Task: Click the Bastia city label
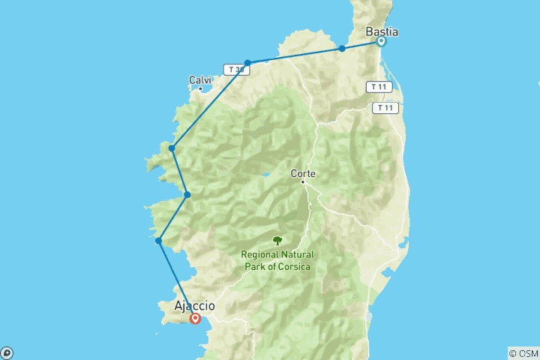pos(381,31)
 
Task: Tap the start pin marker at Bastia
pos(381,42)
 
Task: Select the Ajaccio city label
pos(194,306)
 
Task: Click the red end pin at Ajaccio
pos(195,318)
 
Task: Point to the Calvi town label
pos(199,79)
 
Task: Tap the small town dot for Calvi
pos(200,89)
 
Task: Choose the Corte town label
pos(302,173)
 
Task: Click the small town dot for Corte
pos(303,182)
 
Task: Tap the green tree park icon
pos(277,241)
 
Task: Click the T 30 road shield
pos(235,70)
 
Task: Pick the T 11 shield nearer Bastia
pos(379,87)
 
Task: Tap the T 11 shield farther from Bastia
pos(385,108)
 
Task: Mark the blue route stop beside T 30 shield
pos(247,63)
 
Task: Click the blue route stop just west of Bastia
pos(342,49)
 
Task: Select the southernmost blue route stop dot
pos(158,241)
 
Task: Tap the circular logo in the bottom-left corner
pos(7,353)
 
